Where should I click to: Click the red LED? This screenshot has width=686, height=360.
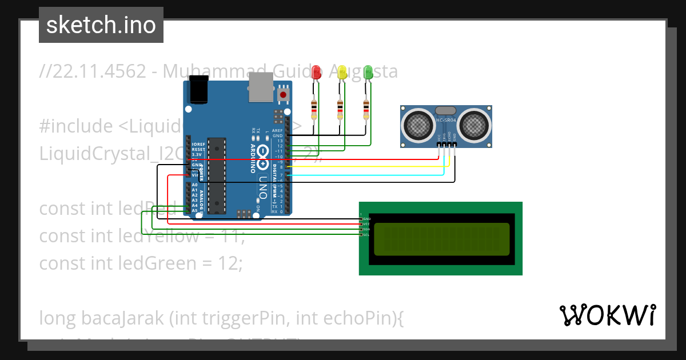[316, 72]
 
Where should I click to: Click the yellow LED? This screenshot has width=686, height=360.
[342, 72]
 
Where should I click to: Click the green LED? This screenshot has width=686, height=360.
[368, 72]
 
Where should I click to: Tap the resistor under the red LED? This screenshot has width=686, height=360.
[313, 109]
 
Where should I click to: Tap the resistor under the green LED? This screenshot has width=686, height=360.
[366, 109]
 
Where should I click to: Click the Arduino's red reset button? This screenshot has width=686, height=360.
[283, 94]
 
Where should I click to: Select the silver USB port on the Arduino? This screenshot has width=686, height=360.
[261, 87]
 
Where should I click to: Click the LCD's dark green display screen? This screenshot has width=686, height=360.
[441, 239]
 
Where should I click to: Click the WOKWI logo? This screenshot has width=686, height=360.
[607, 315]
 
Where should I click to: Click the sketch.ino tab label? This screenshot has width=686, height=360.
[101, 25]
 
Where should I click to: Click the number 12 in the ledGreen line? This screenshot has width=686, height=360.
[232, 263]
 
